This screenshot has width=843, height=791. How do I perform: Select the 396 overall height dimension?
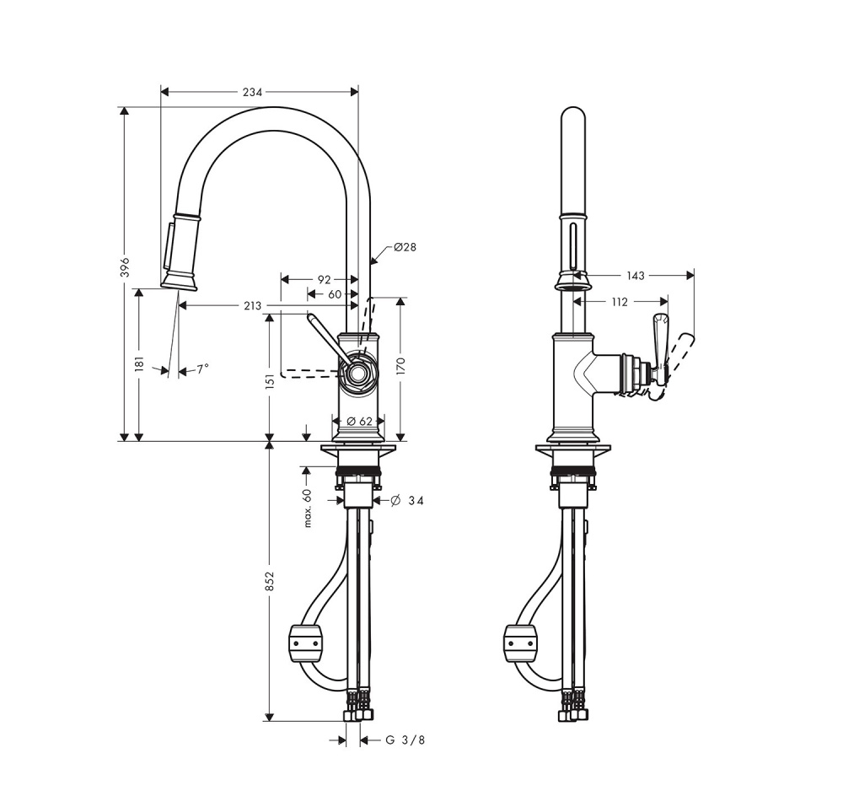pyautogui.click(x=125, y=266)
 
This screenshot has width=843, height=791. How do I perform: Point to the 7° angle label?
pyautogui.click(x=202, y=369)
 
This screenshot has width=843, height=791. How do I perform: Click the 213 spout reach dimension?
pyautogui.click(x=252, y=306)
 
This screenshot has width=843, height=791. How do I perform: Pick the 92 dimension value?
pyautogui.click(x=324, y=278)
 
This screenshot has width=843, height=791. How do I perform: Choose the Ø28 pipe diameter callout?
pyautogui.click(x=405, y=247)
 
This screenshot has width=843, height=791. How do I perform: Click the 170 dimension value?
pyautogui.click(x=401, y=365)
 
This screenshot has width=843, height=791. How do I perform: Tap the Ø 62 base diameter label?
pyautogui.click(x=360, y=421)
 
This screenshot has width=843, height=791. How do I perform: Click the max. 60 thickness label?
pyautogui.click(x=309, y=508)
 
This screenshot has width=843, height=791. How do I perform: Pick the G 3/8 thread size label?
pyautogui.click(x=405, y=740)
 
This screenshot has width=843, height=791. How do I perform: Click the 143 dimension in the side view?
pyautogui.click(x=636, y=276)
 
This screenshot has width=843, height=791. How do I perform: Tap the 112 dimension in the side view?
pyautogui.click(x=620, y=302)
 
